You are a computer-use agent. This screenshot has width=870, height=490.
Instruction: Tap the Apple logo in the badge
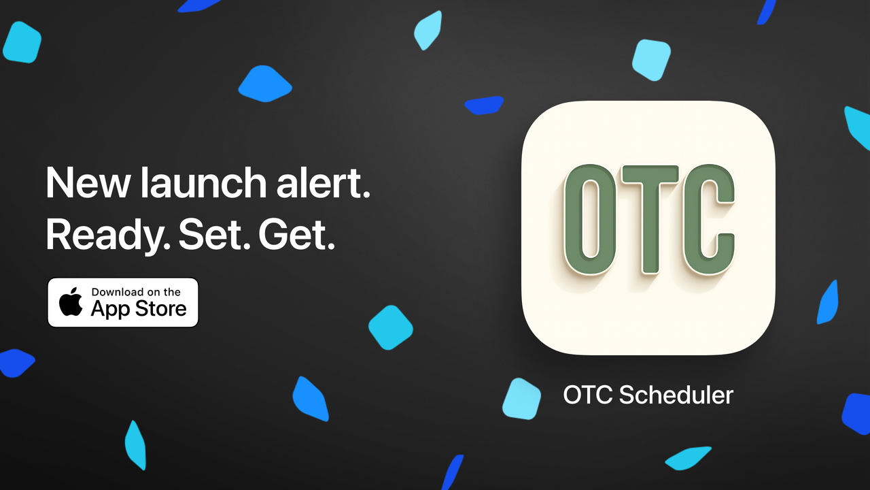(x=70, y=302)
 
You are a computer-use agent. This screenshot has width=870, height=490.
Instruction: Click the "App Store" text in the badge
(x=138, y=309)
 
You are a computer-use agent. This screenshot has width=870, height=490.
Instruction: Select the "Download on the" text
(x=136, y=292)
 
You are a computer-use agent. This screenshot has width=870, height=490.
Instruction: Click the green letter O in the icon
(x=589, y=219)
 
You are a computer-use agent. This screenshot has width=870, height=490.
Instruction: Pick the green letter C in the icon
(x=709, y=219)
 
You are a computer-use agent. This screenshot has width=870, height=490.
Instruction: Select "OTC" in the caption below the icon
(x=588, y=395)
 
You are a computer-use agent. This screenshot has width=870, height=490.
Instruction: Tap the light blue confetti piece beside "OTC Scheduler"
(x=521, y=399)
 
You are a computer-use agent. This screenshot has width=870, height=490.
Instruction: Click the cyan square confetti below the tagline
(x=391, y=327)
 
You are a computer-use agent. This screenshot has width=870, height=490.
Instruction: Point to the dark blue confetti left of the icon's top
(x=484, y=105)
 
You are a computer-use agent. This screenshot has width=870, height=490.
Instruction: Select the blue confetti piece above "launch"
(x=264, y=84)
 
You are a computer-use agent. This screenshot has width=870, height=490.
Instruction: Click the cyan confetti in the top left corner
(x=22, y=42)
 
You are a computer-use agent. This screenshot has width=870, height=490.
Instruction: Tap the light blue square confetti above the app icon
(x=651, y=60)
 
